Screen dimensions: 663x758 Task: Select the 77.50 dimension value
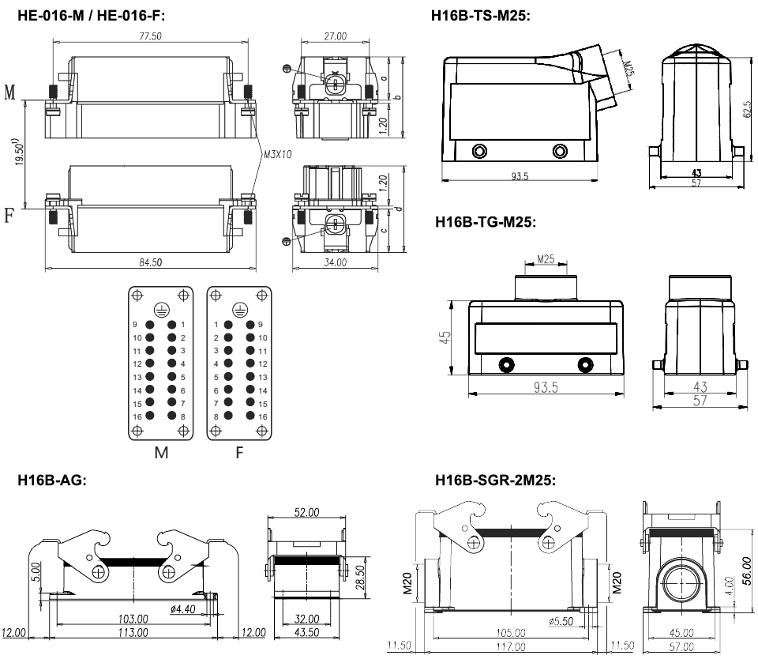point(142,36)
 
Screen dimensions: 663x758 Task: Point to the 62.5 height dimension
point(747,109)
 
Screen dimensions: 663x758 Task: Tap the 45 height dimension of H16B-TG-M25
point(446,338)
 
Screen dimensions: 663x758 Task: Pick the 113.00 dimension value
point(132,633)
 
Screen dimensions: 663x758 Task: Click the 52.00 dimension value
point(306,512)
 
